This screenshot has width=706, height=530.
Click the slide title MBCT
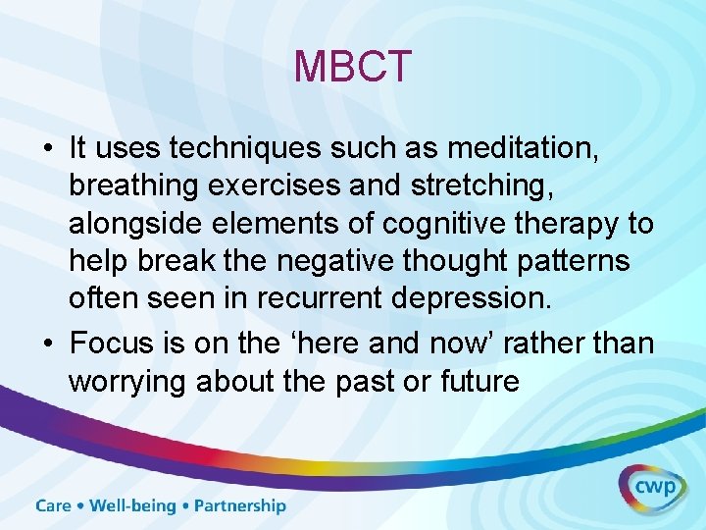coord(353,67)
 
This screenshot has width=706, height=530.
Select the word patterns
coord(588,262)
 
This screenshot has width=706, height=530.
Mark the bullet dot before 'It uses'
coord(47,149)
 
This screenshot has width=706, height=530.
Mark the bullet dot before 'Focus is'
coord(47,344)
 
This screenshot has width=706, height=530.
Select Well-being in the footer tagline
coord(133,506)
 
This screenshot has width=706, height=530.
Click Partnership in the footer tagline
coord(240,506)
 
